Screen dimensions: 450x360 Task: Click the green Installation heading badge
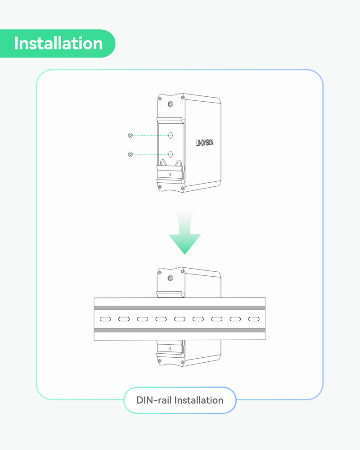[58, 44]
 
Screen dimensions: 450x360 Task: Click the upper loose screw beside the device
[130, 135]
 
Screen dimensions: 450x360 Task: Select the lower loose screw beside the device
[130, 154]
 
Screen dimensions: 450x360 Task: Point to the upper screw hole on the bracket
[171, 135]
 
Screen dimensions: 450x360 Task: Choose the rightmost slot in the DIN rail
[254, 319]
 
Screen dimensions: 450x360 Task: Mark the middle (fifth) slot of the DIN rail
[180, 319]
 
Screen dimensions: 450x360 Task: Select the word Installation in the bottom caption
[198, 400]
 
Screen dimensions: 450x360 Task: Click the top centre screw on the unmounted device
[170, 104]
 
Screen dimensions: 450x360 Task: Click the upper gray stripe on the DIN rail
[180, 308]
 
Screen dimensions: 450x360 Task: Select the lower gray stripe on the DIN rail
[180, 330]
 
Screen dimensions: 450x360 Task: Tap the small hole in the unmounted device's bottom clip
[170, 174]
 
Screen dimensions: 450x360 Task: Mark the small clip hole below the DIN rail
[170, 348]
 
